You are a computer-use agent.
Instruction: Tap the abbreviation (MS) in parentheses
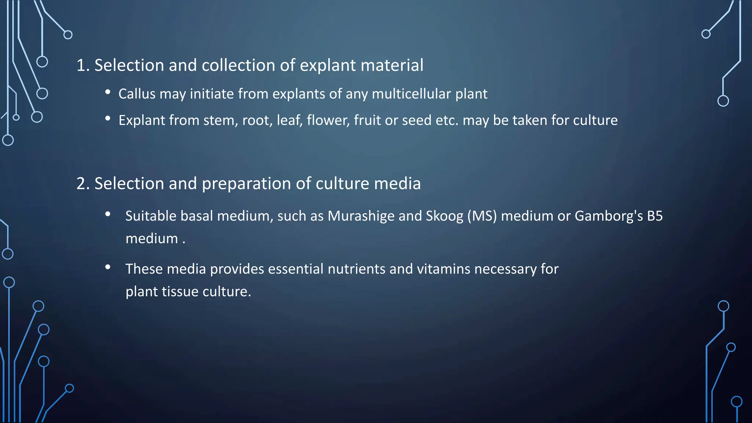click(482, 216)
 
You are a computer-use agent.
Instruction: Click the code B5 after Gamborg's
click(655, 216)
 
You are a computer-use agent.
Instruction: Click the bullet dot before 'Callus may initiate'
click(108, 92)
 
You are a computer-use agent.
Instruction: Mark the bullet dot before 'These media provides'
click(108, 267)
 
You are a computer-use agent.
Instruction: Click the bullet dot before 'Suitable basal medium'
click(108, 214)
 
